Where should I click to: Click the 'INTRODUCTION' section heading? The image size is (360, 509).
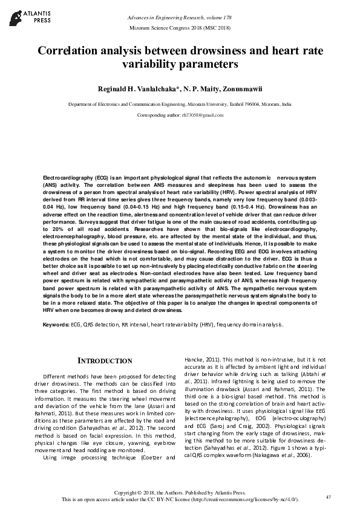pyautogui.click(x=105, y=361)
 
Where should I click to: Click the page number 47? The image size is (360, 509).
pyautogui.click(x=329, y=497)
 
